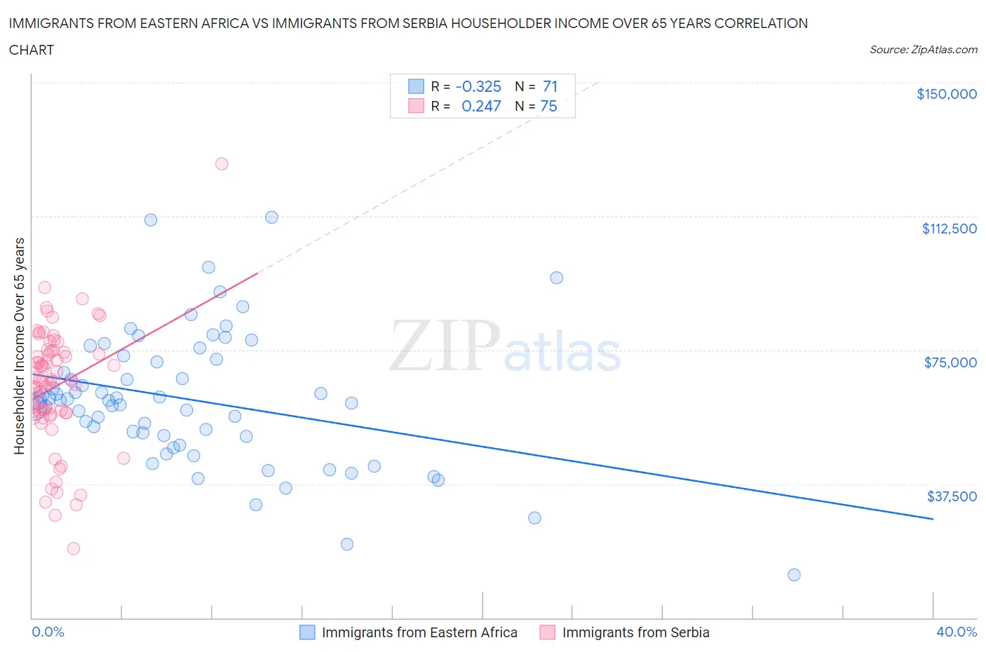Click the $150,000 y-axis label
(946, 94)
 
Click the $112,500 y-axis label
(949, 229)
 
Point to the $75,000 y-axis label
(950, 362)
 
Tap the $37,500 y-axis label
(952, 496)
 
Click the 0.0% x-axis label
(48, 632)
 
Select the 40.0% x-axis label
(957, 632)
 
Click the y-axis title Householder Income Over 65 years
(20, 346)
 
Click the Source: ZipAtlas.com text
(923, 50)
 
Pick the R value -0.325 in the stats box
(478, 86)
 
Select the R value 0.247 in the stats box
(481, 106)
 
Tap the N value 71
(550, 86)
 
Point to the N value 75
(548, 106)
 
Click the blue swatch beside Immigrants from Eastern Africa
(307, 632)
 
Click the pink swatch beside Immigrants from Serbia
(547, 632)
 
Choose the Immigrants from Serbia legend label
(635, 632)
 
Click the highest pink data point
(222, 163)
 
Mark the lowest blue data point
(794, 575)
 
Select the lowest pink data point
(73, 548)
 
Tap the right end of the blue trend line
(933, 519)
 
